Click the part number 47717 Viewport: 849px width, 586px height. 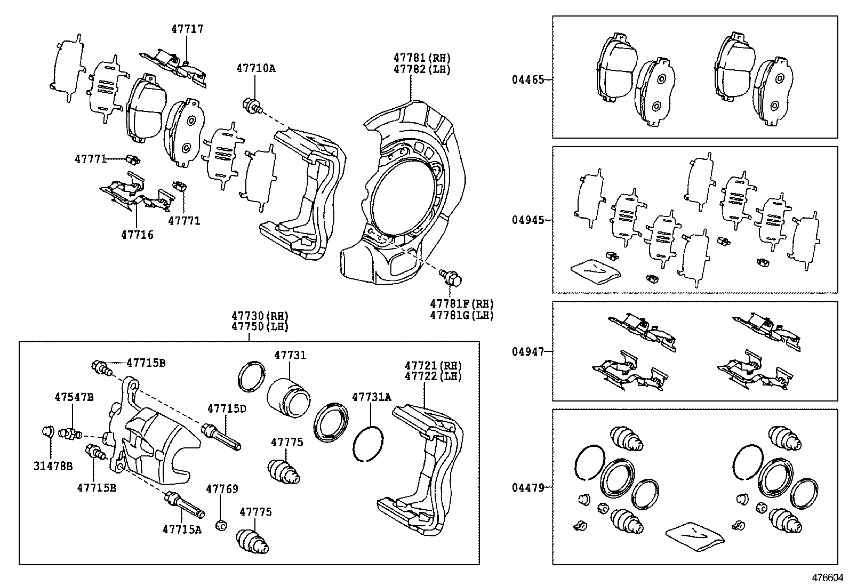coord(187,29)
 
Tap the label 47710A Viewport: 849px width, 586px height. coord(256,68)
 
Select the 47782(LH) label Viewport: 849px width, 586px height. coord(422,69)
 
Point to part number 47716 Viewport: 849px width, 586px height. coord(137,235)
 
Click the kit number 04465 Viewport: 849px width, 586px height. coord(528,79)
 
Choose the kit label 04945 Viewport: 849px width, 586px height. coord(528,220)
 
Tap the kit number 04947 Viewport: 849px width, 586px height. coord(528,352)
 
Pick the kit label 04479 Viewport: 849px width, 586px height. coord(528,487)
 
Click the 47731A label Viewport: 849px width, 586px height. coord(371,397)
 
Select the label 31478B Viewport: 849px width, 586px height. coord(53,466)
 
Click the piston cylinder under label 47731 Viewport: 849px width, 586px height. coord(289,397)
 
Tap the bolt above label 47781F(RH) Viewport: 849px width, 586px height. coord(450,278)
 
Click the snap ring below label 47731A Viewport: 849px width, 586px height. coord(367,444)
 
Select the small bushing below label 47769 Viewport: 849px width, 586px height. coord(221,525)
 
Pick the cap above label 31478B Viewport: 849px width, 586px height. coord(47,431)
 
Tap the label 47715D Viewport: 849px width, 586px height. coord(227,408)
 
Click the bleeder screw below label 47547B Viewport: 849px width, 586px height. coord(70,433)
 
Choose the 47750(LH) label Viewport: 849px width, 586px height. coord(260,327)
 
